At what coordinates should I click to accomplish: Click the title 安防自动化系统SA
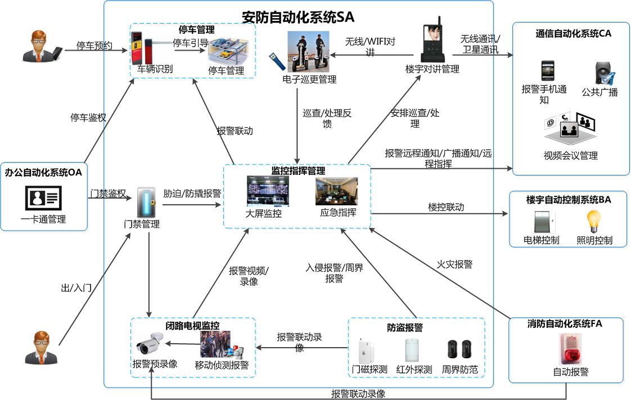[x=298, y=16]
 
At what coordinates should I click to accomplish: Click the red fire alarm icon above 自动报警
[x=570, y=349]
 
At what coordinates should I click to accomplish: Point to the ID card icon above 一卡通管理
[x=43, y=197]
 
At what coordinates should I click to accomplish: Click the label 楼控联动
[x=446, y=207]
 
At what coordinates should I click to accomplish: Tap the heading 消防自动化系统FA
[x=569, y=324]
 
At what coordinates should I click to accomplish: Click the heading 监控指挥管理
[x=298, y=170]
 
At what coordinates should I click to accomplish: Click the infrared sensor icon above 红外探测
[x=413, y=350]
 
